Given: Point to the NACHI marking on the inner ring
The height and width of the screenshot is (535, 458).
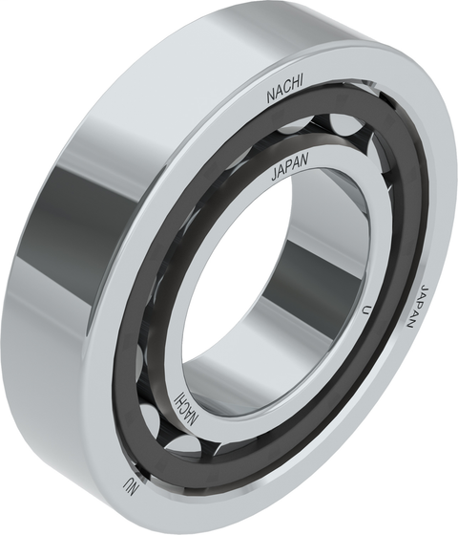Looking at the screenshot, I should (x=189, y=404).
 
